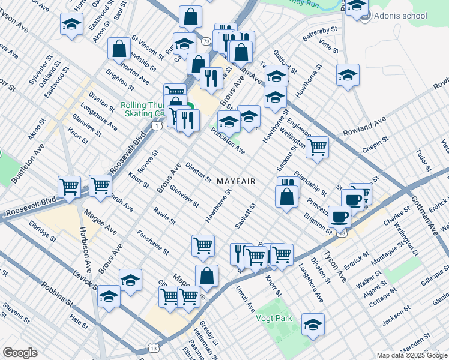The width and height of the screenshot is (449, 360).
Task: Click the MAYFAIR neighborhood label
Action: tap(237, 181)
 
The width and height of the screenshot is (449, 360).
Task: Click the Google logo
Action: tap(20, 353)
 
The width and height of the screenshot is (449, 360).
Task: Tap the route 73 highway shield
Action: tap(206, 41)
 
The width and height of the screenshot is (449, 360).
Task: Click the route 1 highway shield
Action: tap(156, 125)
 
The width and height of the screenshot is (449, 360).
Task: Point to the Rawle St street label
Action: tap(164, 215)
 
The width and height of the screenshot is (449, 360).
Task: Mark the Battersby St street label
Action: tap(320, 34)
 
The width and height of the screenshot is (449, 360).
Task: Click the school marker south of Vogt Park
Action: tap(313, 326)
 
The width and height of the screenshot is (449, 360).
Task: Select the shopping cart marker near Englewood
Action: tap(317, 146)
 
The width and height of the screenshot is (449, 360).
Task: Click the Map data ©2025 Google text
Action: tap(412, 355)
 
